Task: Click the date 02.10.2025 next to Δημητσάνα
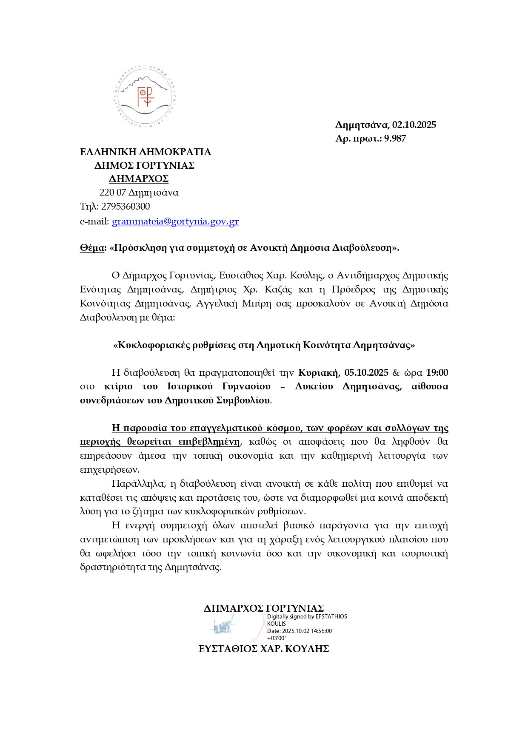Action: (x=414, y=125)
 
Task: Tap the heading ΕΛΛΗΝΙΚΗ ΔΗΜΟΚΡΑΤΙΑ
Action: (x=146, y=152)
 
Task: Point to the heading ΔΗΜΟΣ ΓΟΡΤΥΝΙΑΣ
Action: (x=145, y=165)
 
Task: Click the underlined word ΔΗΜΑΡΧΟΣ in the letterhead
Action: (x=139, y=179)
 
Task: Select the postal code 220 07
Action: (x=113, y=193)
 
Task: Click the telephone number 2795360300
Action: (x=126, y=207)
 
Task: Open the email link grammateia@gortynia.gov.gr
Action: (x=175, y=221)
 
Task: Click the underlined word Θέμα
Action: (x=92, y=248)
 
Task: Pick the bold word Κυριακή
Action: (x=319, y=373)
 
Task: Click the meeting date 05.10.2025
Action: (x=366, y=373)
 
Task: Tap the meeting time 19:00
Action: (x=437, y=373)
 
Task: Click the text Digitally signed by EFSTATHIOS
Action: (x=307, y=617)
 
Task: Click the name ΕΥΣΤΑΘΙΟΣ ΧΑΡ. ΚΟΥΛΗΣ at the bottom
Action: (x=264, y=649)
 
